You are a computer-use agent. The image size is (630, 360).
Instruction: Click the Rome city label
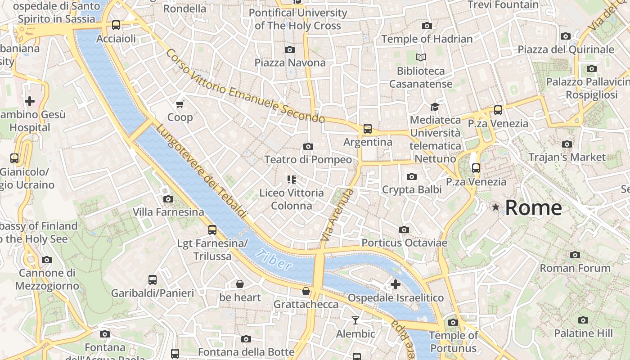(x=533, y=207)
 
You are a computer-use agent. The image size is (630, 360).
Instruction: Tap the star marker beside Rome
(x=495, y=207)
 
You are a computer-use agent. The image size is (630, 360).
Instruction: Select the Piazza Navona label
(x=290, y=63)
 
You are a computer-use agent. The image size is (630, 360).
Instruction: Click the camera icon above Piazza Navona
(x=290, y=49)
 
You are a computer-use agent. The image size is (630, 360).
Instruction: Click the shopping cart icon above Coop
(x=180, y=104)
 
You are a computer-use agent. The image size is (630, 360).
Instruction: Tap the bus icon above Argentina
(x=368, y=129)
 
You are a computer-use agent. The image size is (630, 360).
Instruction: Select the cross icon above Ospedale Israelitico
(x=395, y=284)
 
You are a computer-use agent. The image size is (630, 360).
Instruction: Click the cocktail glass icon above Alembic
(x=355, y=320)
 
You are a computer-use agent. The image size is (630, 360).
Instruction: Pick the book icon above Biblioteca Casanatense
(x=420, y=58)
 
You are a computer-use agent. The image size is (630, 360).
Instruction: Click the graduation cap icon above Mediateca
(x=435, y=107)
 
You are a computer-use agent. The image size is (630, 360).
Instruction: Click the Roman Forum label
(x=575, y=268)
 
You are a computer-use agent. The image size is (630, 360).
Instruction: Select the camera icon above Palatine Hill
(x=583, y=320)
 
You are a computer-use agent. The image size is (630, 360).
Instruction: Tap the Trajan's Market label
(x=567, y=157)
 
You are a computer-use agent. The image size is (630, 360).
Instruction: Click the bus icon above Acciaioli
(x=116, y=25)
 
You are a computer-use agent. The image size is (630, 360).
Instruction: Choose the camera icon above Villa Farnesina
(x=168, y=199)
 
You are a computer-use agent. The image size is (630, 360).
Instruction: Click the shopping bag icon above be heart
(x=240, y=284)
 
